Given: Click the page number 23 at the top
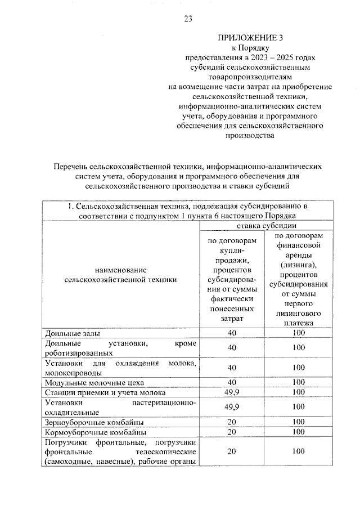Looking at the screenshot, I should pos(188,19).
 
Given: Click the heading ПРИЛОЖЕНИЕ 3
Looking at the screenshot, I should pos(251,38).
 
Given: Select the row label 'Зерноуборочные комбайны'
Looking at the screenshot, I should pos(90,422).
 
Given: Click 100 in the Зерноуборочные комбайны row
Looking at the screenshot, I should pos(299,422).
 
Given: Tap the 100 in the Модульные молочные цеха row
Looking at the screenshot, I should pos(299,382).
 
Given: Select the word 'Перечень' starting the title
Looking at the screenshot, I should pos(71,167).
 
